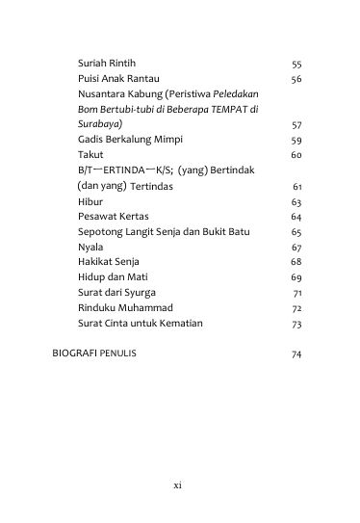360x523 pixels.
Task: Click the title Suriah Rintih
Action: (x=107, y=64)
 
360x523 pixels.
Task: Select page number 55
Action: (x=296, y=64)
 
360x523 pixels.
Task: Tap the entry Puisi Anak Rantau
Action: (x=118, y=78)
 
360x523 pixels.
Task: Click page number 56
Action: (x=296, y=79)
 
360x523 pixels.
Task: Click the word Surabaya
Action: (x=98, y=125)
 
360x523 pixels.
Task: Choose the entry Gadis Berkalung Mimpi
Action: (x=128, y=140)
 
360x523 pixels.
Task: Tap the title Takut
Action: (x=90, y=154)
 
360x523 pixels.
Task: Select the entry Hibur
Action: (x=90, y=202)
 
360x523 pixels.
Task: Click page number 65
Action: (x=296, y=233)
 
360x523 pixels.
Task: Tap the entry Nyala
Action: (x=90, y=247)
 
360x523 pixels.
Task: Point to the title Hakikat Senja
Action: (x=109, y=261)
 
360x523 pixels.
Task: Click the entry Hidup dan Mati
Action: (x=112, y=276)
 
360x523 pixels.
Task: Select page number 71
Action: (x=296, y=293)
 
